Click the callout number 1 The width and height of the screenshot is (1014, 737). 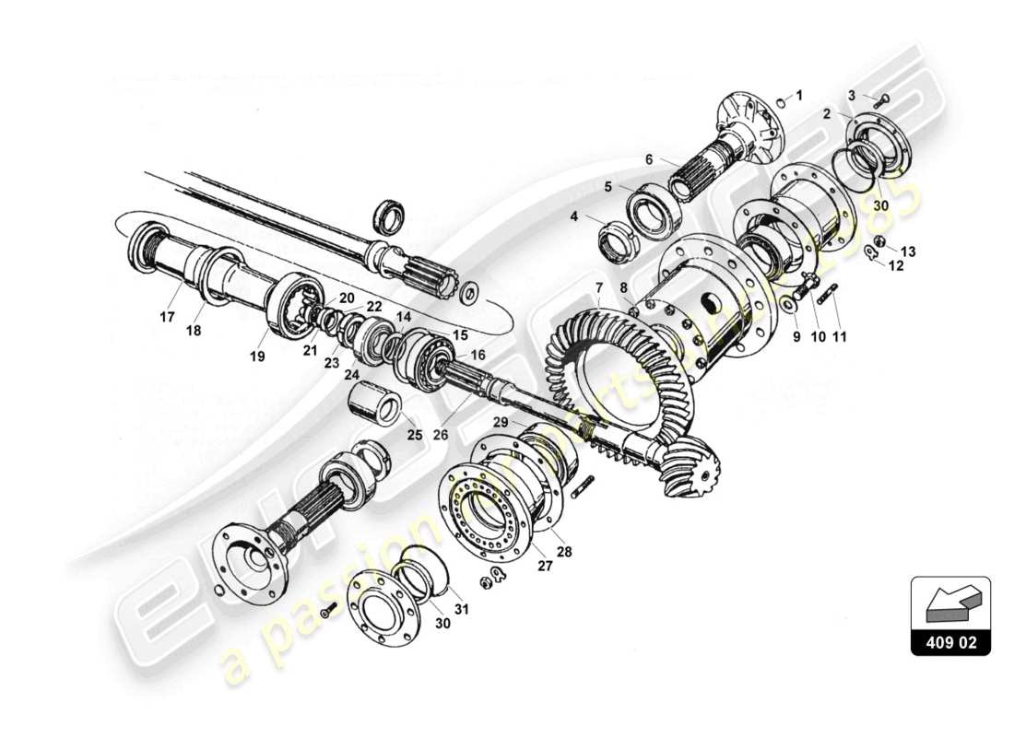(x=799, y=95)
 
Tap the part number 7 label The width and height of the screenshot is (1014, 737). (x=598, y=288)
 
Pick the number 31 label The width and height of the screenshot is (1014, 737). (x=461, y=608)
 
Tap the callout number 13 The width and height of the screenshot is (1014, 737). (x=909, y=252)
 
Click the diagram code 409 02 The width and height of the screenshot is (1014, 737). (x=950, y=641)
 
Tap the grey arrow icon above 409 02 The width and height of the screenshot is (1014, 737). (x=950, y=603)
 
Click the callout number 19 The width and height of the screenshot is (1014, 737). (x=257, y=356)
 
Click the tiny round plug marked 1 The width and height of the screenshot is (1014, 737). (x=780, y=102)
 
